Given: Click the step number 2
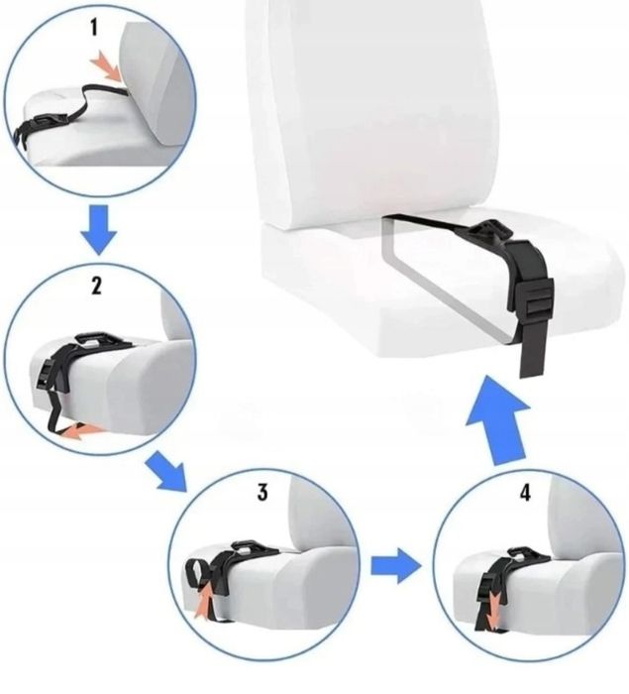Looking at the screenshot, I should (95, 287).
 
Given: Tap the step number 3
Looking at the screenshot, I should (262, 493).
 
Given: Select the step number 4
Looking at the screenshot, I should (526, 493).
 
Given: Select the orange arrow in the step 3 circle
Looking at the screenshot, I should (206, 602).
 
